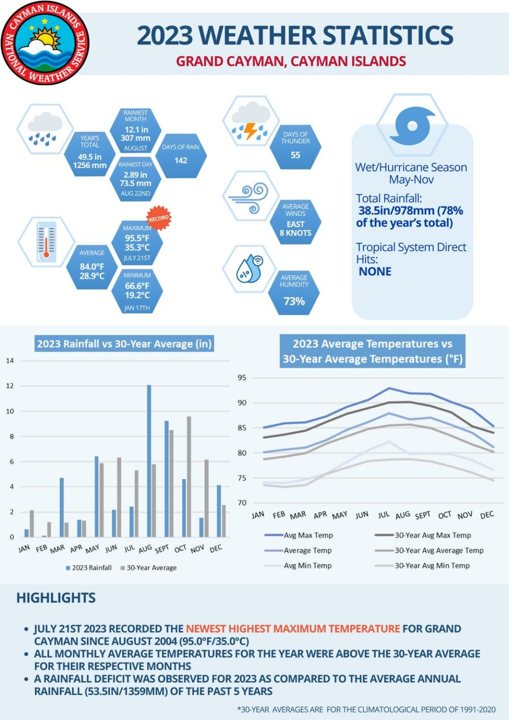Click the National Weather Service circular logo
[x=45, y=43]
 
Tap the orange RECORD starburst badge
[x=158, y=218]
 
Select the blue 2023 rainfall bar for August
[x=149, y=460]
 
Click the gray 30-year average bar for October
[x=189, y=476]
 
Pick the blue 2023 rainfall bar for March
[x=62, y=506]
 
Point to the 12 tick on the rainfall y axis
[x=10, y=386]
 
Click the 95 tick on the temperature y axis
[x=242, y=377]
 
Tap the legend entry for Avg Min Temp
[x=307, y=565]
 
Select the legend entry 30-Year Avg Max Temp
[x=432, y=535]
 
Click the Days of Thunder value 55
[x=295, y=155]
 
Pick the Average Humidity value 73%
[x=294, y=301]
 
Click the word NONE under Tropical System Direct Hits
[x=375, y=271]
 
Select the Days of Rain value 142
[x=181, y=160]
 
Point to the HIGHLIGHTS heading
[x=56, y=598]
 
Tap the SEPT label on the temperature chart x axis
[x=422, y=515]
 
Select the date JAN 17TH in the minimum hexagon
[x=137, y=308]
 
